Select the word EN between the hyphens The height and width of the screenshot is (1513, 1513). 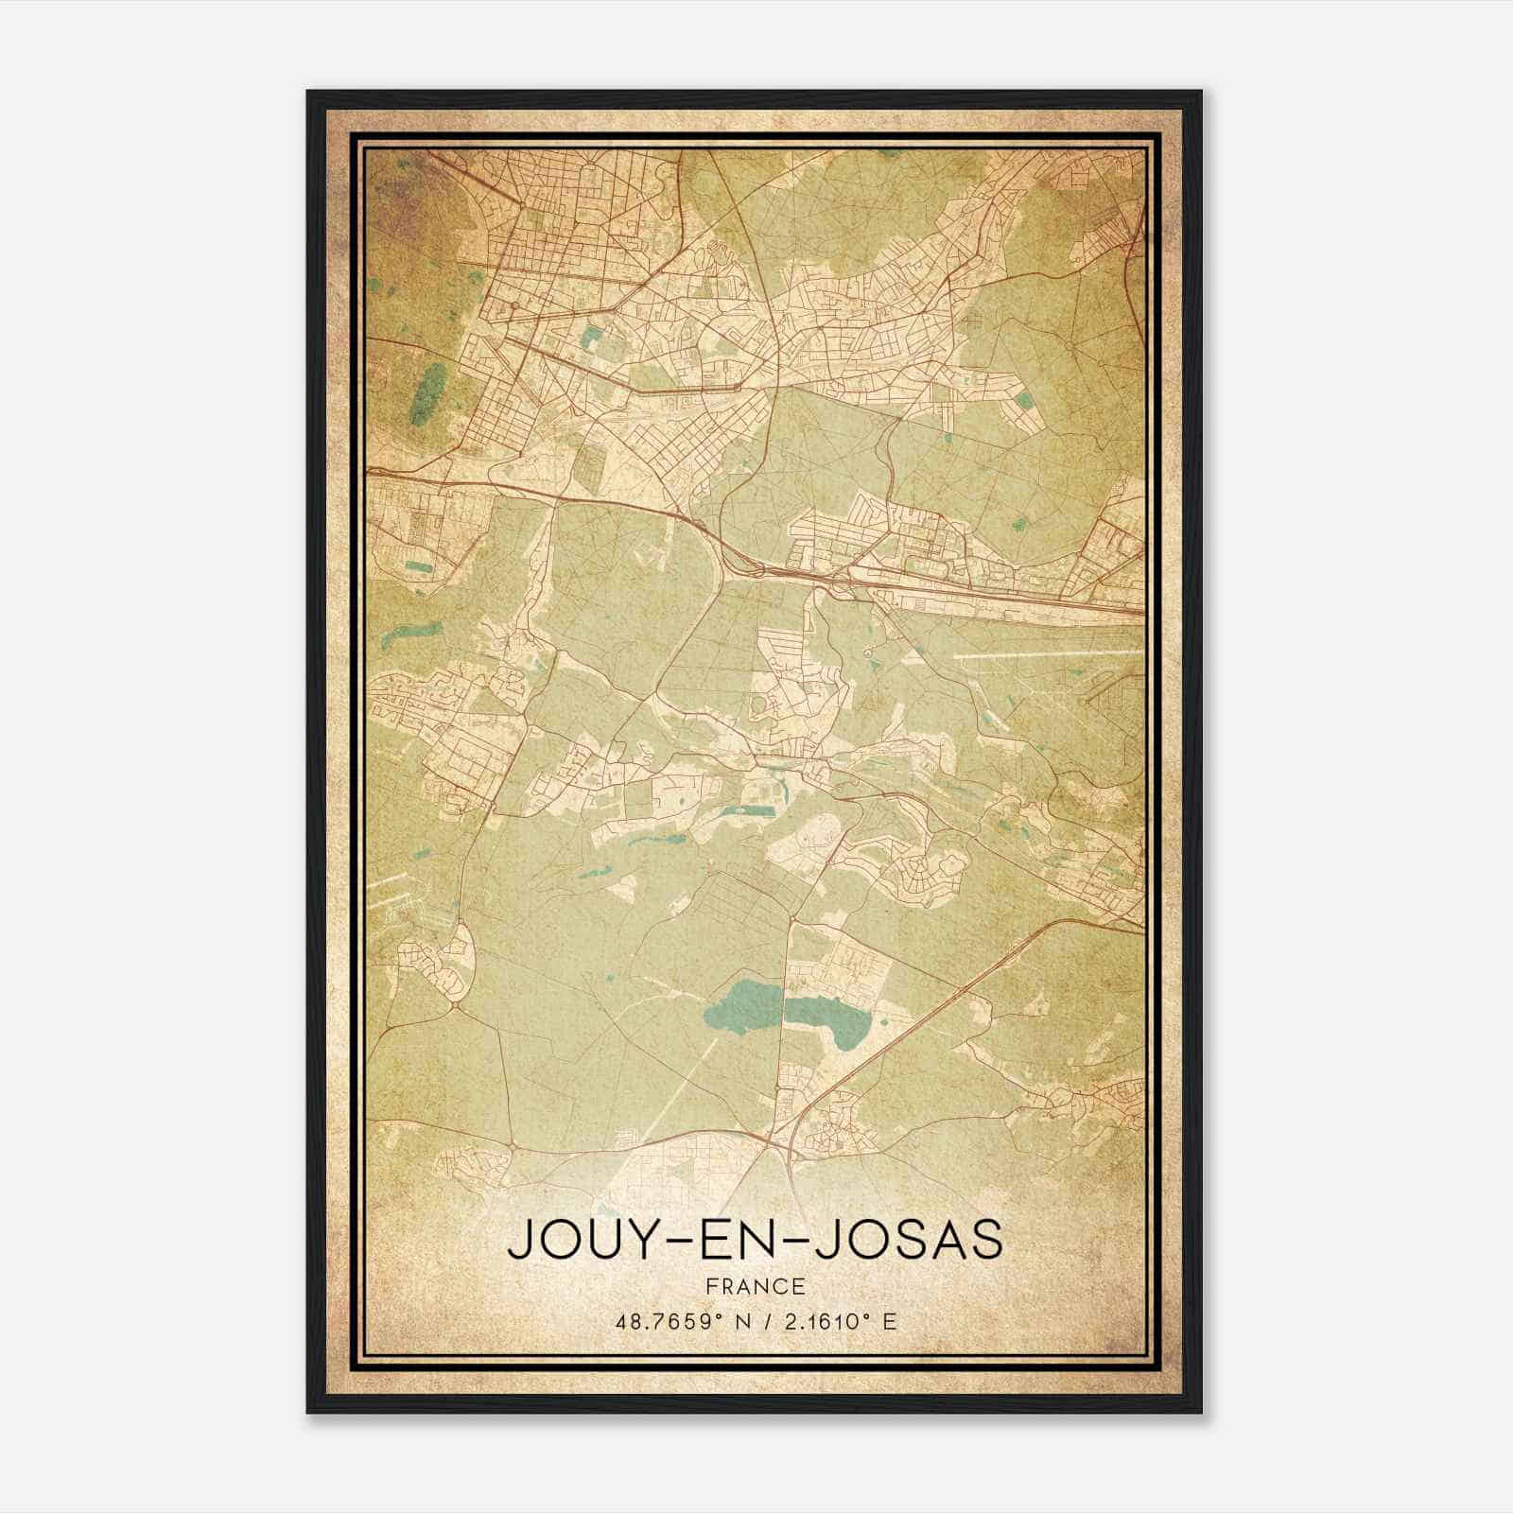[754, 1240]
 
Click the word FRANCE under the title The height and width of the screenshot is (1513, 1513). [754, 1286]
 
